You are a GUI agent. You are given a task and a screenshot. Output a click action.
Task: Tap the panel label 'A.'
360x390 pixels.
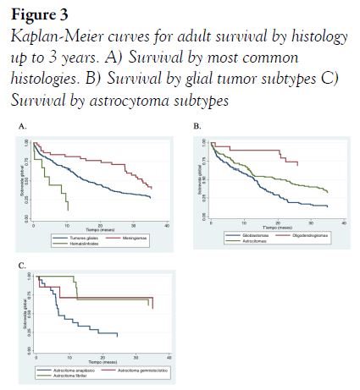pyautogui.click(x=23, y=125)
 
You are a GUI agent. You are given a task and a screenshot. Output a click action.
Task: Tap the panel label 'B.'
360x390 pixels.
pyautogui.click(x=197, y=125)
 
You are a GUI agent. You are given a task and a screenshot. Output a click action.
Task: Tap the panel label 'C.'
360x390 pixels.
pyautogui.click(x=23, y=266)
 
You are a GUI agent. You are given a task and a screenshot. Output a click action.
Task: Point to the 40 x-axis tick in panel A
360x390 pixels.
pyautogui.click(x=167, y=225)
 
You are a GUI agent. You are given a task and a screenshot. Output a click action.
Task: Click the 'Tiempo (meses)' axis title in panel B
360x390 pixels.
pyautogui.click(x=276, y=228)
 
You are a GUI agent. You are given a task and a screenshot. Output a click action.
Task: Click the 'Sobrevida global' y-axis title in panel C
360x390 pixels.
pyautogui.click(x=25, y=313)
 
